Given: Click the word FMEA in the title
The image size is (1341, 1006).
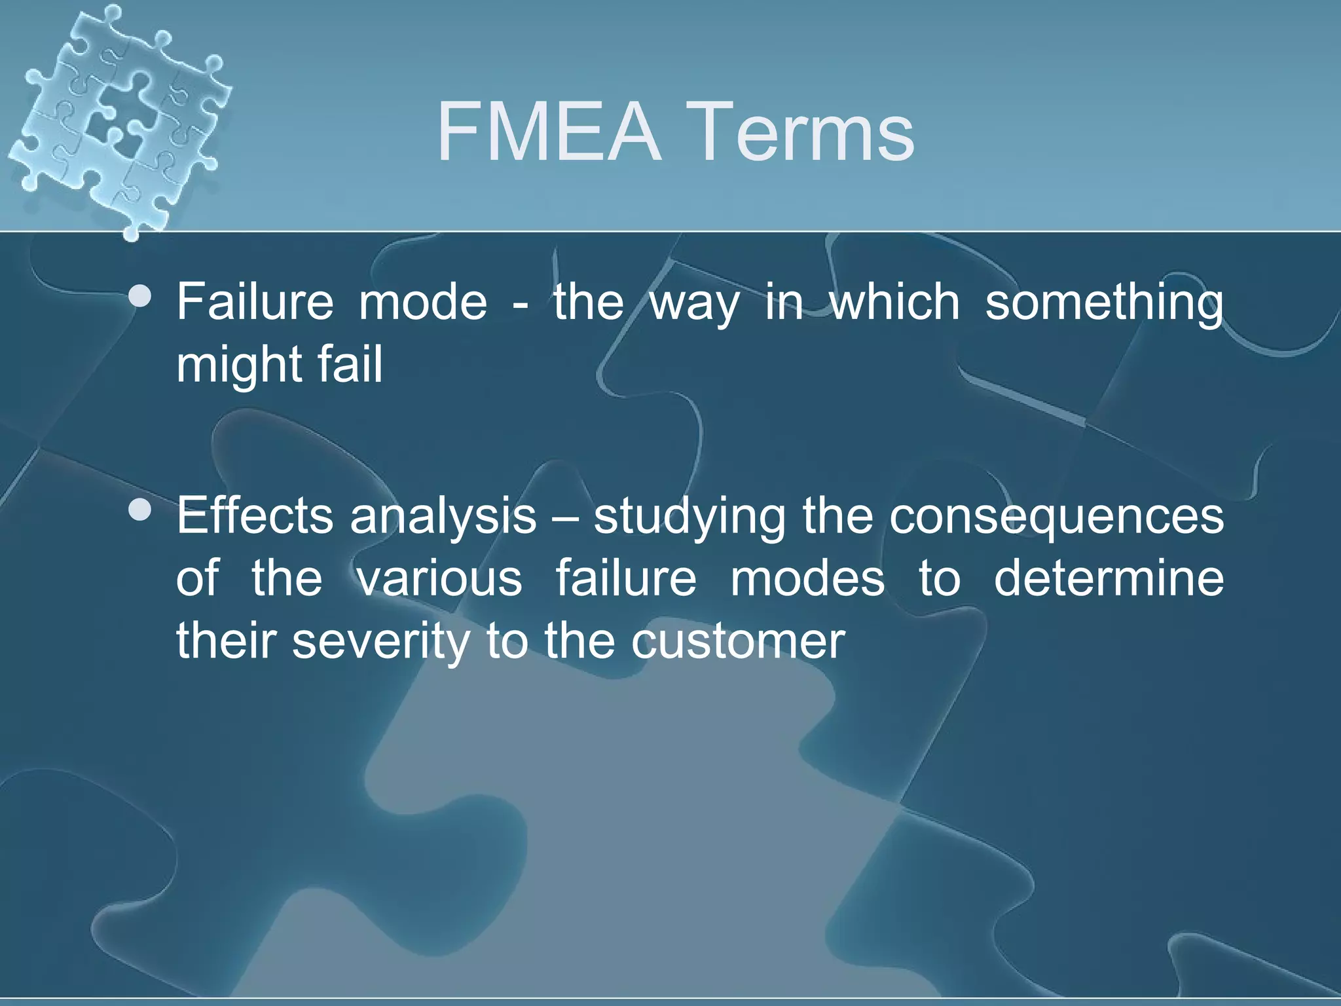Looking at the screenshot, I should (x=549, y=132).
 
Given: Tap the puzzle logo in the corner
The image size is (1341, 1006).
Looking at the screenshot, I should (x=118, y=118).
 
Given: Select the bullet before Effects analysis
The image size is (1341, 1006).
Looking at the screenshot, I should (x=140, y=511).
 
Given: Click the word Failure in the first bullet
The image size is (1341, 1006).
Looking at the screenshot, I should (x=255, y=301).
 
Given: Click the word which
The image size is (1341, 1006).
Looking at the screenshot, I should (x=894, y=301).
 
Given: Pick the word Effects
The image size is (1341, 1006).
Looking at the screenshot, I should (x=255, y=515).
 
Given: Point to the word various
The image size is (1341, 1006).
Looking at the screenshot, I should (x=439, y=579).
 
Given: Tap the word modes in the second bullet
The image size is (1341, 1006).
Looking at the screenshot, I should (x=807, y=579).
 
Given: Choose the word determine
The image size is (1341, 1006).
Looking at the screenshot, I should (x=1109, y=579).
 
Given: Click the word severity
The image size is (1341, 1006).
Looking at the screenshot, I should (x=379, y=643).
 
